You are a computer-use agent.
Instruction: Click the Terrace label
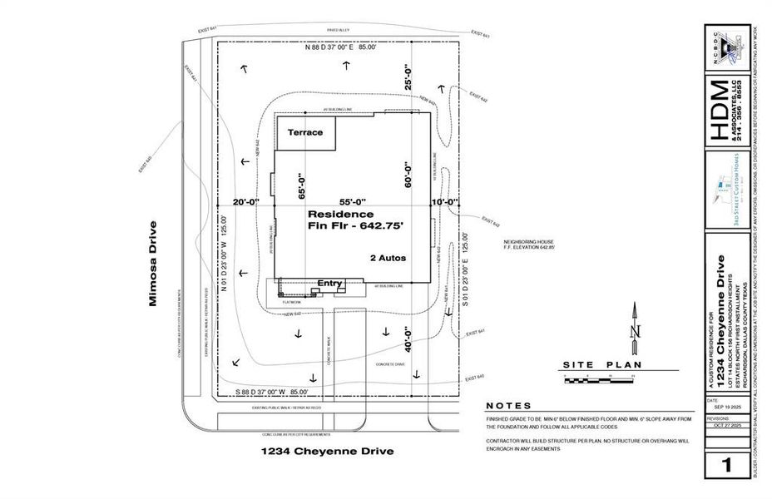click(x=304, y=132)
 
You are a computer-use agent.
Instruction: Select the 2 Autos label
click(x=388, y=259)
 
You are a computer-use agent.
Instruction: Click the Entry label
click(x=329, y=284)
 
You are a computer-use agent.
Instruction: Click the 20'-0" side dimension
click(x=247, y=202)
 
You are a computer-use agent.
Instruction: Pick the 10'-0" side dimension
click(x=445, y=202)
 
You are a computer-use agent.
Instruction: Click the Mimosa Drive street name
click(x=153, y=264)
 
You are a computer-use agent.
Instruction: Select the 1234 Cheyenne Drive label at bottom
click(x=327, y=452)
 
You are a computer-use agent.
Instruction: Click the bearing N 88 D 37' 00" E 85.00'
click(x=341, y=48)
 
